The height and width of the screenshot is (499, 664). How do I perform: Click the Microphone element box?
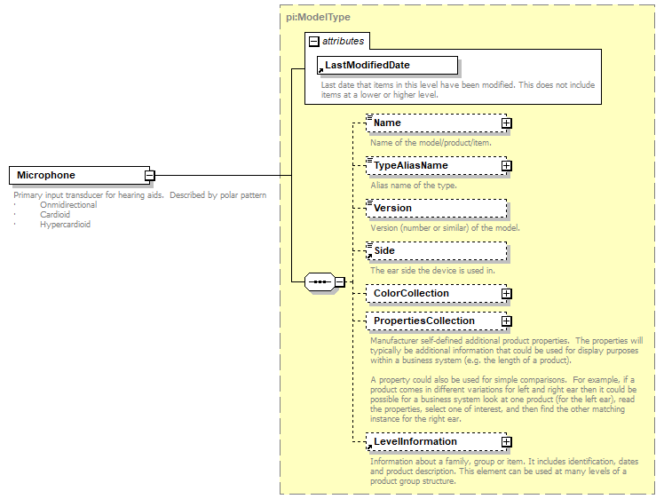point(77,176)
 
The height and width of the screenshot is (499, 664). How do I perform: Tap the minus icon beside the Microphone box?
point(150,176)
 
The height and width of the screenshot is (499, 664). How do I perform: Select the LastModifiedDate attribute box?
point(387,65)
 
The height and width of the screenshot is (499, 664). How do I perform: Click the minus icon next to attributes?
point(313,42)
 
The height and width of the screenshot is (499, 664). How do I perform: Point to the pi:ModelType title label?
point(319,17)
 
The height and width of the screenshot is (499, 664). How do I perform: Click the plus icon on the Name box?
point(506,123)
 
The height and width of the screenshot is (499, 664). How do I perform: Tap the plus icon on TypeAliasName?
point(506,166)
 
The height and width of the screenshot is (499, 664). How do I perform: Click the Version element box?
point(436,208)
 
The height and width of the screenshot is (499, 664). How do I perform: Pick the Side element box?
point(436,250)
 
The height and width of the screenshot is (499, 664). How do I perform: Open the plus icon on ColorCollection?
point(506,294)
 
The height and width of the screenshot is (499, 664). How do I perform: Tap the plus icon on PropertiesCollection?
point(506,321)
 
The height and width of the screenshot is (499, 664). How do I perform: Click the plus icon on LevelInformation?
point(506,442)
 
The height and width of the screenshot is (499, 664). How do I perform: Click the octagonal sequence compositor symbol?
point(319,282)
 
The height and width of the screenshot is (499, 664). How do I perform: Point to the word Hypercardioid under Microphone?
point(65,225)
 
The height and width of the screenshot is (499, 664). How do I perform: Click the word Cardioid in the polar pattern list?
point(55,215)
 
